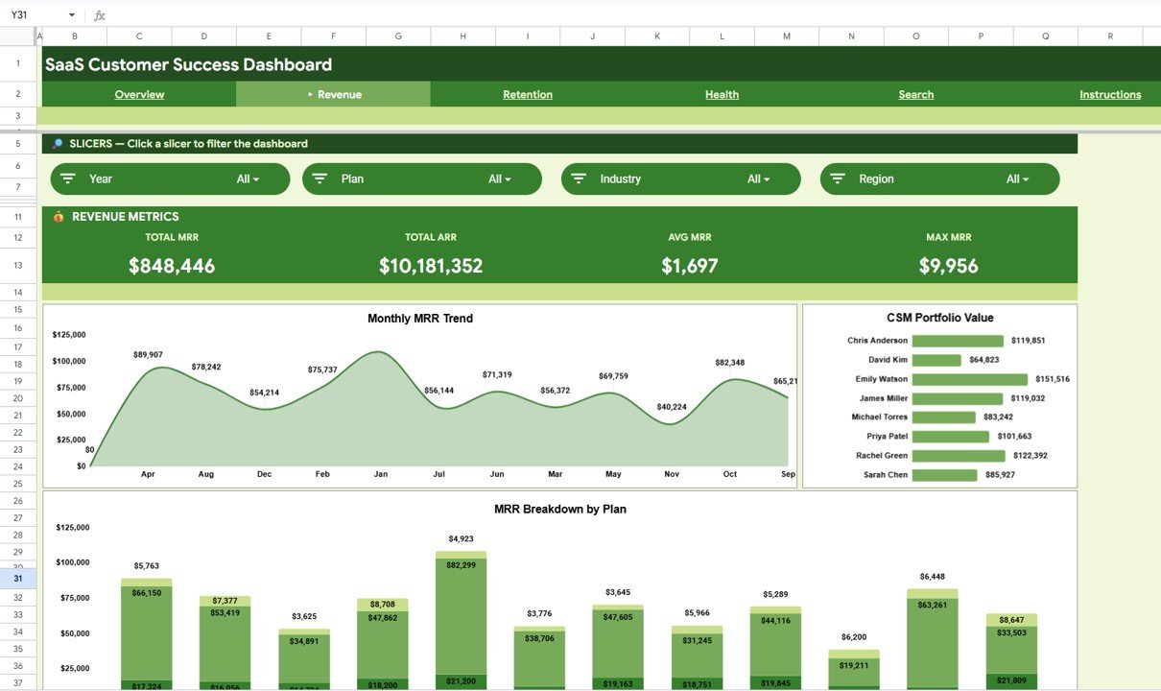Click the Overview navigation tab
click(139, 94)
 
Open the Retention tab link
click(528, 94)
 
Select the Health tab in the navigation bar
click(722, 94)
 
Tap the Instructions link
click(1109, 94)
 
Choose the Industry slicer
click(680, 179)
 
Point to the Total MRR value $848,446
click(172, 266)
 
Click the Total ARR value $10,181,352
click(431, 266)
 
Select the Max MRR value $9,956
click(948, 266)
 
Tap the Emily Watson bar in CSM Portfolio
click(969, 379)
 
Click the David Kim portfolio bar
click(936, 360)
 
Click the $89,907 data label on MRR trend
click(148, 355)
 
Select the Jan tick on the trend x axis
click(381, 474)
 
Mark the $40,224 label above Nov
click(672, 407)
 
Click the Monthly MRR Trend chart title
click(419, 319)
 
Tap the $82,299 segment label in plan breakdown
click(461, 565)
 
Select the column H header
click(462, 36)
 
